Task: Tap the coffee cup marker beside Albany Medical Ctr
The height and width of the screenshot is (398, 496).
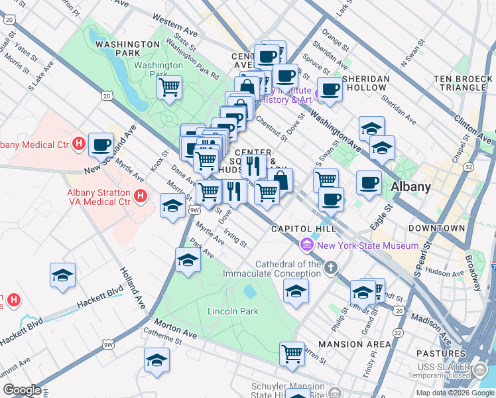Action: click(102, 145)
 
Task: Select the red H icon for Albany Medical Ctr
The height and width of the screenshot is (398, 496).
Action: click(79, 143)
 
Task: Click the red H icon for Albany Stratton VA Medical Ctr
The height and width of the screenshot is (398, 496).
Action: click(140, 195)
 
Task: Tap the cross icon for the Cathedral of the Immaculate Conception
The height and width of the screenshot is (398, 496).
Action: click(330, 268)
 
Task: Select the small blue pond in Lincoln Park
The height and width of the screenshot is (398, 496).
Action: click(250, 291)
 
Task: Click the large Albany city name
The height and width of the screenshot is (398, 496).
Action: click(410, 186)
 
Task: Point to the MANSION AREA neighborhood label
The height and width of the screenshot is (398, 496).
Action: click(355, 344)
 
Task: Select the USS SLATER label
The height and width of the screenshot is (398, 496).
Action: click(452, 366)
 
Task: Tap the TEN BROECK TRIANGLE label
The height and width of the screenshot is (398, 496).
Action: click(460, 83)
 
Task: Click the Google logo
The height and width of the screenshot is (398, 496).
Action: click(21, 391)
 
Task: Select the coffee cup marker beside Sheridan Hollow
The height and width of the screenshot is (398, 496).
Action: click(330, 90)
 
